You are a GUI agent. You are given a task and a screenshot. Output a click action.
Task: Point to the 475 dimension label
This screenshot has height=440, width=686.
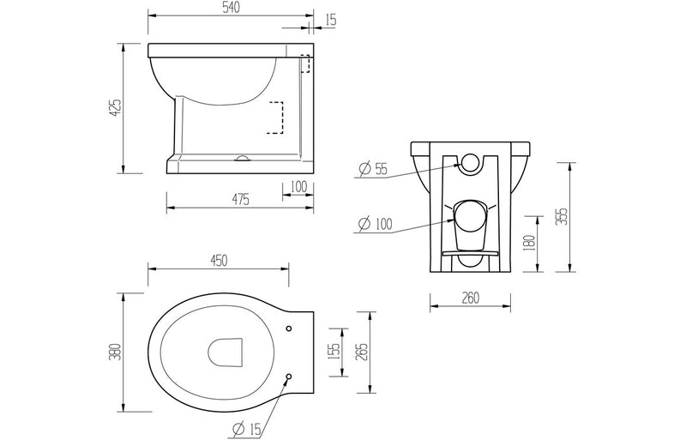pos(240,200)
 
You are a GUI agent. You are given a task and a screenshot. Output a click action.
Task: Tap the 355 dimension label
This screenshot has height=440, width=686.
pos(562,215)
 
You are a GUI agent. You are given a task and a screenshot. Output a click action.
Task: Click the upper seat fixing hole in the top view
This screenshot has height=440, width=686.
pos(288,328)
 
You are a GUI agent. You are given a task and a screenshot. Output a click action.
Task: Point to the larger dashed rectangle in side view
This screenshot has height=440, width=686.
pos(275,118)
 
